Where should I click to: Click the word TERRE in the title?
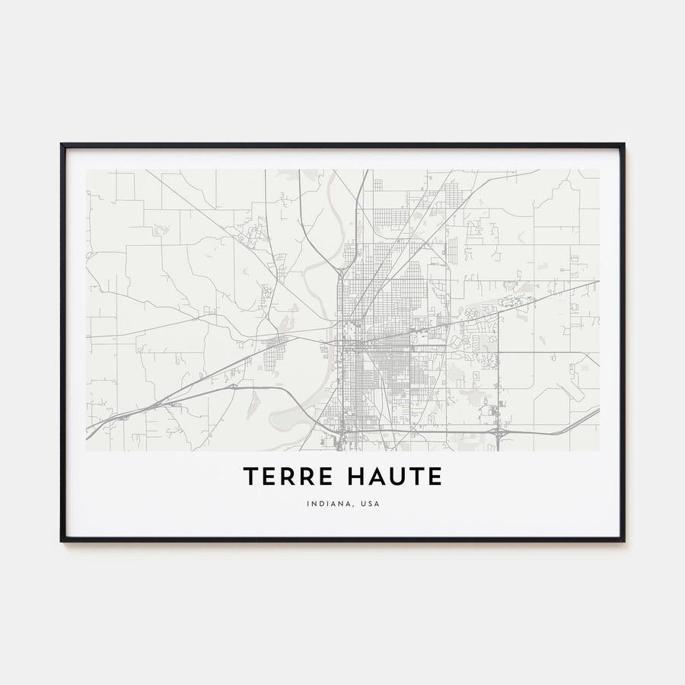pos(284,477)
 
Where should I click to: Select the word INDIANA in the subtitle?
pos(326,503)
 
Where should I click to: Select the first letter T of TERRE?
pos(250,477)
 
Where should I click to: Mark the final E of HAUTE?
pos(435,477)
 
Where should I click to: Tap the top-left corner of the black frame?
pos(62,144)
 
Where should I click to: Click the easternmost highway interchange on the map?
pos(497,432)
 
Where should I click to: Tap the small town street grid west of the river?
pos(276,349)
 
